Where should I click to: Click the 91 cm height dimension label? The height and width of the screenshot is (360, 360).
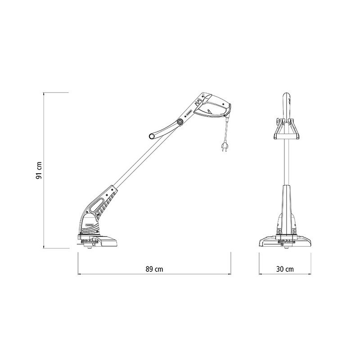click(x=39, y=171)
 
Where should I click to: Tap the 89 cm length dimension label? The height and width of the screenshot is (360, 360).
click(x=154, y=269)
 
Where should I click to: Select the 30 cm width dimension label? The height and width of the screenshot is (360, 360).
click(x=285, y=269)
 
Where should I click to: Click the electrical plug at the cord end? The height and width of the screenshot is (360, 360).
click(x=223, y=147)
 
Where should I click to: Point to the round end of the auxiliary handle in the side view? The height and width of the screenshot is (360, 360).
click(x=152, y=136)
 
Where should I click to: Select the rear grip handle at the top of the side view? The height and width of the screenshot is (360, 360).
click(x=212, y=106)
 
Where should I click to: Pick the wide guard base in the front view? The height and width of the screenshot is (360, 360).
click(x=285, y=242)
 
